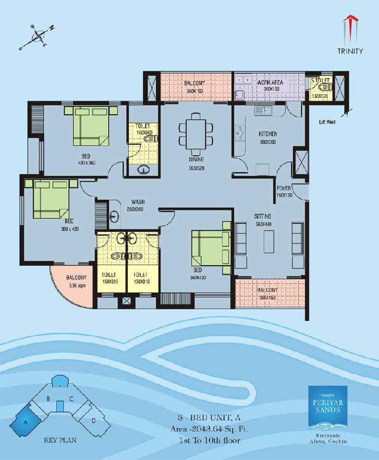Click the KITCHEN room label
[267, 134]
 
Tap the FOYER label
[284, 188]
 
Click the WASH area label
[136, 202]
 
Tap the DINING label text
[196, 160]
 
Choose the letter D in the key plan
[94, 420]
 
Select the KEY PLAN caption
[60, 440]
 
